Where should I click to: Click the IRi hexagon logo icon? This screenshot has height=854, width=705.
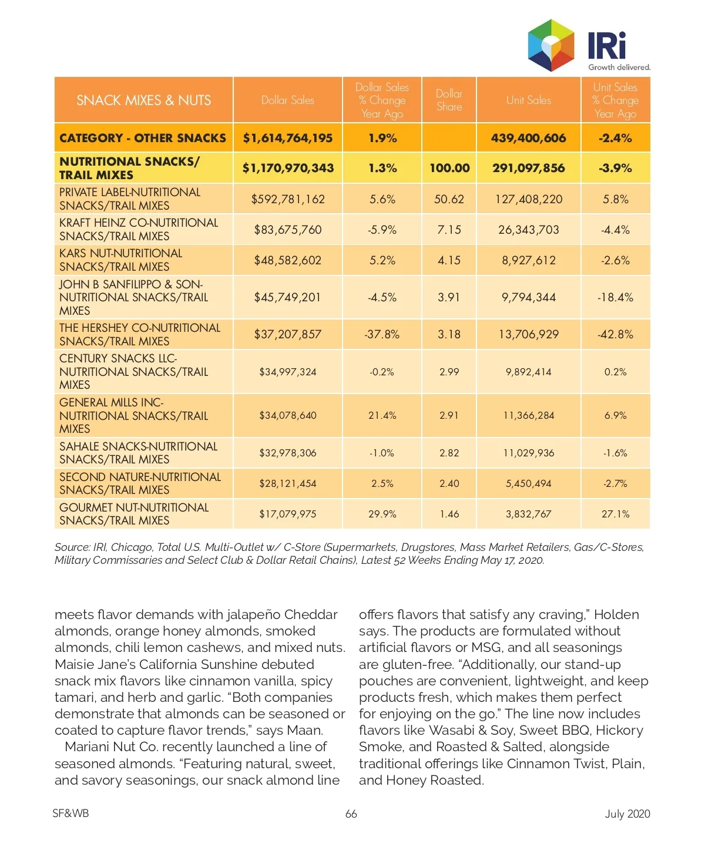(550, 45)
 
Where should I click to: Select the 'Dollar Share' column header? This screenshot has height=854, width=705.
(449, 100)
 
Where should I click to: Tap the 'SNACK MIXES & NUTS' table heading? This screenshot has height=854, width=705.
(143, 100)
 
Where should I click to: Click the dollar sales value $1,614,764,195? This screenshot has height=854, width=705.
(288, 138)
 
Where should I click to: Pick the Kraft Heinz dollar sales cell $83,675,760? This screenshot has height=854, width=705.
(288, 230)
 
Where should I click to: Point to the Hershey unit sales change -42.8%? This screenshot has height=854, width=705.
(615, 334)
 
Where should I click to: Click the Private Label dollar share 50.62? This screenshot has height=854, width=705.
(449, 199)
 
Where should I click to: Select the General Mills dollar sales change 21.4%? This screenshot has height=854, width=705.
(382, 415)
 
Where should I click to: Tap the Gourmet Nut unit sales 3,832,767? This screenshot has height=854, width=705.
(528, 514)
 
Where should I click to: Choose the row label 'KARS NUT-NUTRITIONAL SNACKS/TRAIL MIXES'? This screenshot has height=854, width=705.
(121, 260)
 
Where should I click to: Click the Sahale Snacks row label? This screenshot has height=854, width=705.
(138, 453)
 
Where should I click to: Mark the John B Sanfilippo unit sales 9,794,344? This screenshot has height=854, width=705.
(528, 297)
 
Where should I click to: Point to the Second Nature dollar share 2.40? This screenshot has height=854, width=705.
(449, 483)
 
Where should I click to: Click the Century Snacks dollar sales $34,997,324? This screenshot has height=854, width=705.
(288, 372)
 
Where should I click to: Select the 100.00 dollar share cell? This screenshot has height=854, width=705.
(449, 168)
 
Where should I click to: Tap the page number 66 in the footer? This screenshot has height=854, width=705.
(351, 813)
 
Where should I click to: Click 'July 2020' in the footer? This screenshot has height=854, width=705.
(627, 813)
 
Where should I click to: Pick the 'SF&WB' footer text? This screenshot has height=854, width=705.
(70, 813)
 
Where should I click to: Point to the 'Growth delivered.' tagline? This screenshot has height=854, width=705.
(619, 67)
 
